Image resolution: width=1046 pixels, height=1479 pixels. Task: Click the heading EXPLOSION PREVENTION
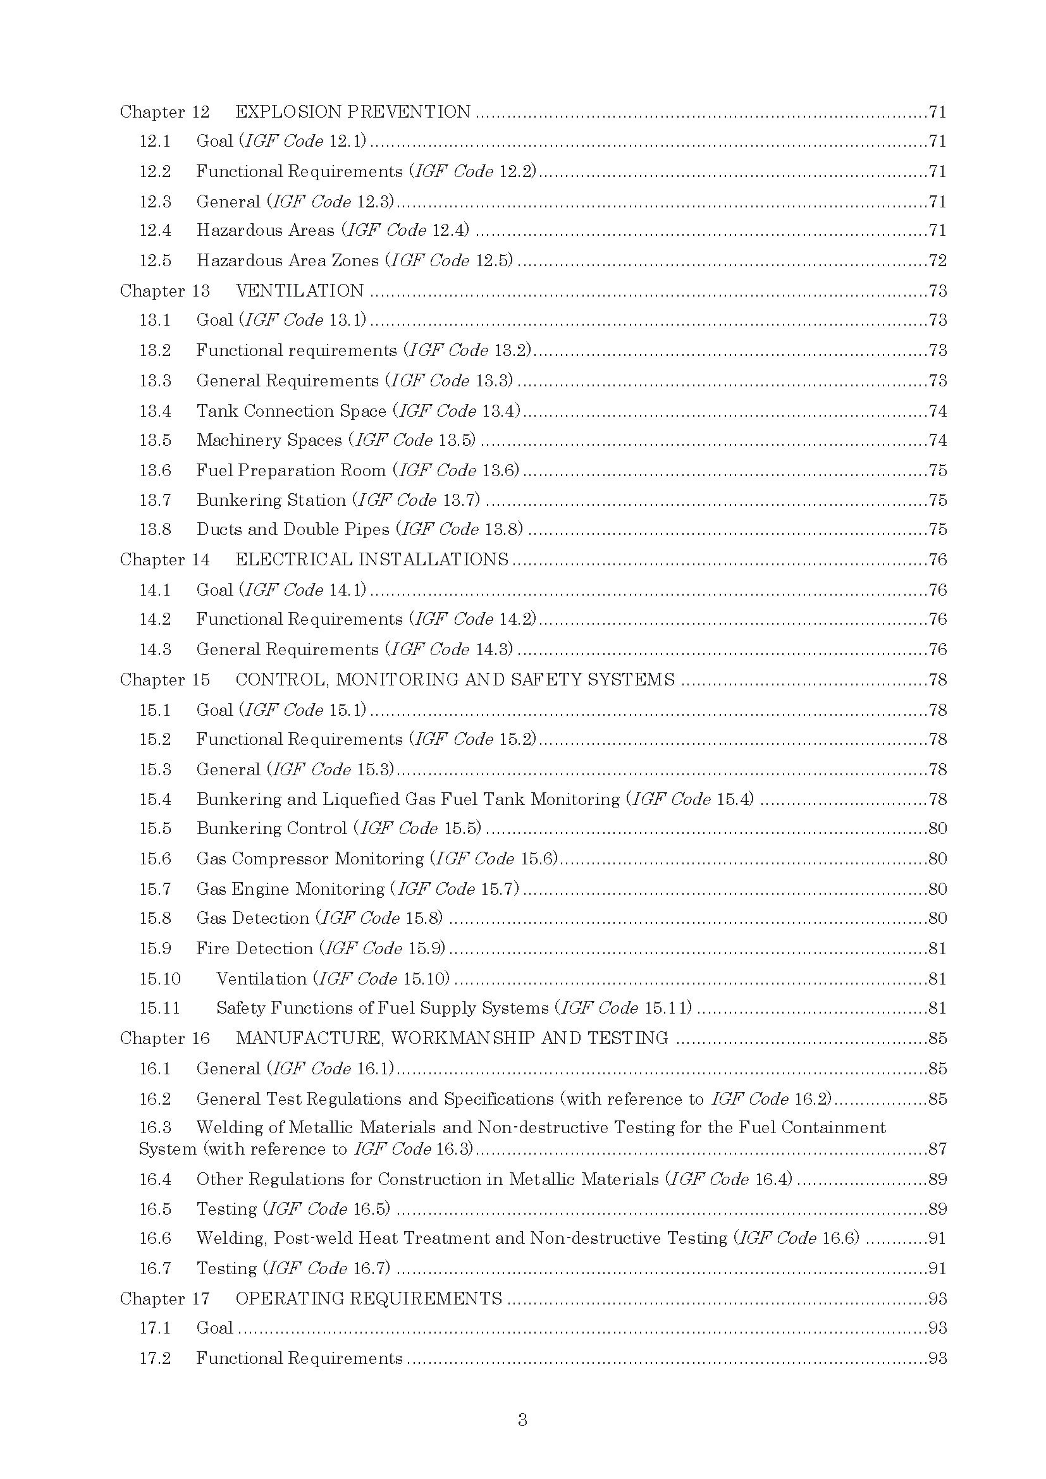(353, 112)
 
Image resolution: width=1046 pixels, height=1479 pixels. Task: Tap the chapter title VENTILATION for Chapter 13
(300, 291)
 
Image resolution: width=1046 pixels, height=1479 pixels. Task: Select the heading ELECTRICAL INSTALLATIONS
(372, 560)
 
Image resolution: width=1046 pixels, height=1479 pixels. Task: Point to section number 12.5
(155, 261)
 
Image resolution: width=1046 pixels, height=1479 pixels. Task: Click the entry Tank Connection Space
(291, 411)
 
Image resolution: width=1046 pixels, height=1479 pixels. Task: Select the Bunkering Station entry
(271, 501)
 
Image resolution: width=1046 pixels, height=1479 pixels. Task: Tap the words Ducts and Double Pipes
(293, 529)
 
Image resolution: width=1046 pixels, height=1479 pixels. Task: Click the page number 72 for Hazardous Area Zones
(937, 261)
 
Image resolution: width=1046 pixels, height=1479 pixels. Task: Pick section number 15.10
(160, 979)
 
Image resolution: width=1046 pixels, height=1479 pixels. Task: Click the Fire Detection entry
(254, 949)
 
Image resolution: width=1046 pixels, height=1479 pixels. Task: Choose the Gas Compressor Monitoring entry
(310, 859)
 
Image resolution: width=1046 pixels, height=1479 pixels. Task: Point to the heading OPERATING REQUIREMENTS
(369, 1299)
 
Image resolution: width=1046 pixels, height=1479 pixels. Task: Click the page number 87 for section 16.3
(937, 1149)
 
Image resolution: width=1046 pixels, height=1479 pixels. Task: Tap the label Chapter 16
(165, 1038)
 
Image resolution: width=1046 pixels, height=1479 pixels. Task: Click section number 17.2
(155, 1358)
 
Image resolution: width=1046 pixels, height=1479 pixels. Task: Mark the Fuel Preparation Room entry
(291, 471)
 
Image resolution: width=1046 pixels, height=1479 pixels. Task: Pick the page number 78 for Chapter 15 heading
(937, 680)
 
